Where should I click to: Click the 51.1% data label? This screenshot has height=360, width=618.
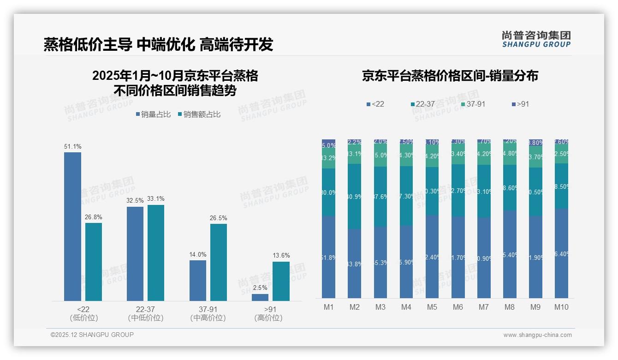[x=72, y=147]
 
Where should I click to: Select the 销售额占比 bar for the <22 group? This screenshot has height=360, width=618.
[x=94, y=262]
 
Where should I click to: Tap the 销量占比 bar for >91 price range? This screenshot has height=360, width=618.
[x=260, y=297]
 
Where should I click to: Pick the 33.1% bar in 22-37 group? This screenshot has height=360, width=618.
[x=156, y=252]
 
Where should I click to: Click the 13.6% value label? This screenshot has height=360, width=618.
[x=281, y=256]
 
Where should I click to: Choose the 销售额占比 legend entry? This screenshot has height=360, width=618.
[x=199, y=114]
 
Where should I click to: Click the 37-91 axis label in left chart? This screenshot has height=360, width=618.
[x=208, y=309]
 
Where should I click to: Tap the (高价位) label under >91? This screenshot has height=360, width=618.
[x=268, y=318]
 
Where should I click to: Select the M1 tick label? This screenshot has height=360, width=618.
[x=328, y=307]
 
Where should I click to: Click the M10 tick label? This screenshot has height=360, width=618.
[x=561, y=307]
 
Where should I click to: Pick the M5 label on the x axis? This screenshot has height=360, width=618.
[x=432, y=307]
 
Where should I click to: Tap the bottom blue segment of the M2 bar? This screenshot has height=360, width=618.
[x=354, y=264]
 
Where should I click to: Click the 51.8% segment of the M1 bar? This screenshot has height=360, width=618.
[x=328, y=257]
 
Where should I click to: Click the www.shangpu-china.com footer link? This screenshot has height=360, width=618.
[x=537, y=335]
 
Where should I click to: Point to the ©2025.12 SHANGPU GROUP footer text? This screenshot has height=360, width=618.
[x=92, y=335]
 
